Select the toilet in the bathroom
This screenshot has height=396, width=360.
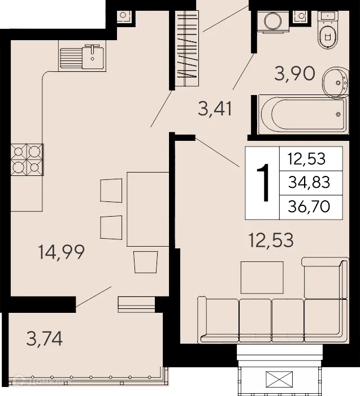pos(327,32)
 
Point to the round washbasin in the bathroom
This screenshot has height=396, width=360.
pos(336,83)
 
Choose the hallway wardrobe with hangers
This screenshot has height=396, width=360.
pos(186,49)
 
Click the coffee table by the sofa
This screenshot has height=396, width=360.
pos(262,277)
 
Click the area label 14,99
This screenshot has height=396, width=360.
pos(62,252)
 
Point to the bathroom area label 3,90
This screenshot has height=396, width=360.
pos(294,73)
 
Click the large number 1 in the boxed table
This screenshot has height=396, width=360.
pos(262,183)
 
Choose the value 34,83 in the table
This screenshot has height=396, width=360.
pos(309,182)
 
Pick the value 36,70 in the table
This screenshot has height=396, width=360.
pos(309,205)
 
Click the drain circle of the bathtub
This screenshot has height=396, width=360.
pos(338,115)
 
